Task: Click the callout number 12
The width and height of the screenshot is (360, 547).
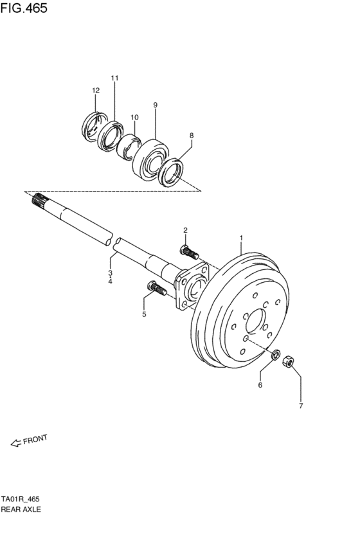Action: coord(95,91)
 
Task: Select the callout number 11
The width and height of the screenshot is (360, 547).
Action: coord(114,78)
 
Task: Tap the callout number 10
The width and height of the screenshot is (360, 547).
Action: coord(134,118)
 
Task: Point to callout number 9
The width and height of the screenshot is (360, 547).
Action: coord(155,104)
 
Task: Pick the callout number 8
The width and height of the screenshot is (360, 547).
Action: coord(191,136)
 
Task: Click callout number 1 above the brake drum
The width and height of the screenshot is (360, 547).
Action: coord(241,238)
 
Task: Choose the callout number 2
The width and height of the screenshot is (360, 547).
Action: coord(184,230)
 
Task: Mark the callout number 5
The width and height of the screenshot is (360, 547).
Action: coord(144,314)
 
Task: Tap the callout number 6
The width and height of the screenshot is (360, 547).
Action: coord(260,386)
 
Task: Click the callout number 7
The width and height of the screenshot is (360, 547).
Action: coord(300,406)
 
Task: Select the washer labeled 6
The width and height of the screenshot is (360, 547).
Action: coord(275,354)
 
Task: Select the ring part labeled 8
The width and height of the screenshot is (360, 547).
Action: coord(172,173)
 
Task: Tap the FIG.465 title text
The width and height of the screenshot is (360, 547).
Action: coord(24,9)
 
